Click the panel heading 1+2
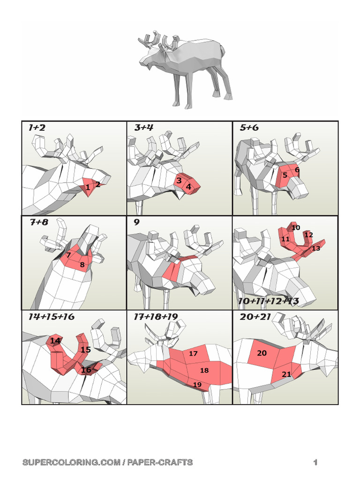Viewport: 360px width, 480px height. pos(37,127)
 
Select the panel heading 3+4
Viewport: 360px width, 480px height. pos(144,127)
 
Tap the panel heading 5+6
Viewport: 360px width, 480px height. pos(249,127)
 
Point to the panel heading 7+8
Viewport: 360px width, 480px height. pos(39,222)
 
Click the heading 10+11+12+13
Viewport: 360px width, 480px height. pos(268,301)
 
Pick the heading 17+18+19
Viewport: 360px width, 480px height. pos(156,317)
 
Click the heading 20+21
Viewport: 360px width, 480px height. pos(256,317)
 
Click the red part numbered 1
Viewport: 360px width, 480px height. pos(88,187)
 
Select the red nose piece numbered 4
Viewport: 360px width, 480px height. pos(189,187)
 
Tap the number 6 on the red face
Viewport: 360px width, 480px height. pos(297,169)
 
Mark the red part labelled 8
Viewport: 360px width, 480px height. pos(82,265)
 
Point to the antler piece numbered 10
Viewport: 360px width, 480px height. pos(295,228)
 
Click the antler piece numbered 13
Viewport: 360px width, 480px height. pos(316,248)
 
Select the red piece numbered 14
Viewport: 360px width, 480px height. pos(55,341)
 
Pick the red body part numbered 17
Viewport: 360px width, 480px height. pos(193,354)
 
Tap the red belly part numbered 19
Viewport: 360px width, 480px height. pos(197,385)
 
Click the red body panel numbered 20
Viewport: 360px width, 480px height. pos(262,353)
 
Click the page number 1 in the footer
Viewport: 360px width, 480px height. pos(315,463)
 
